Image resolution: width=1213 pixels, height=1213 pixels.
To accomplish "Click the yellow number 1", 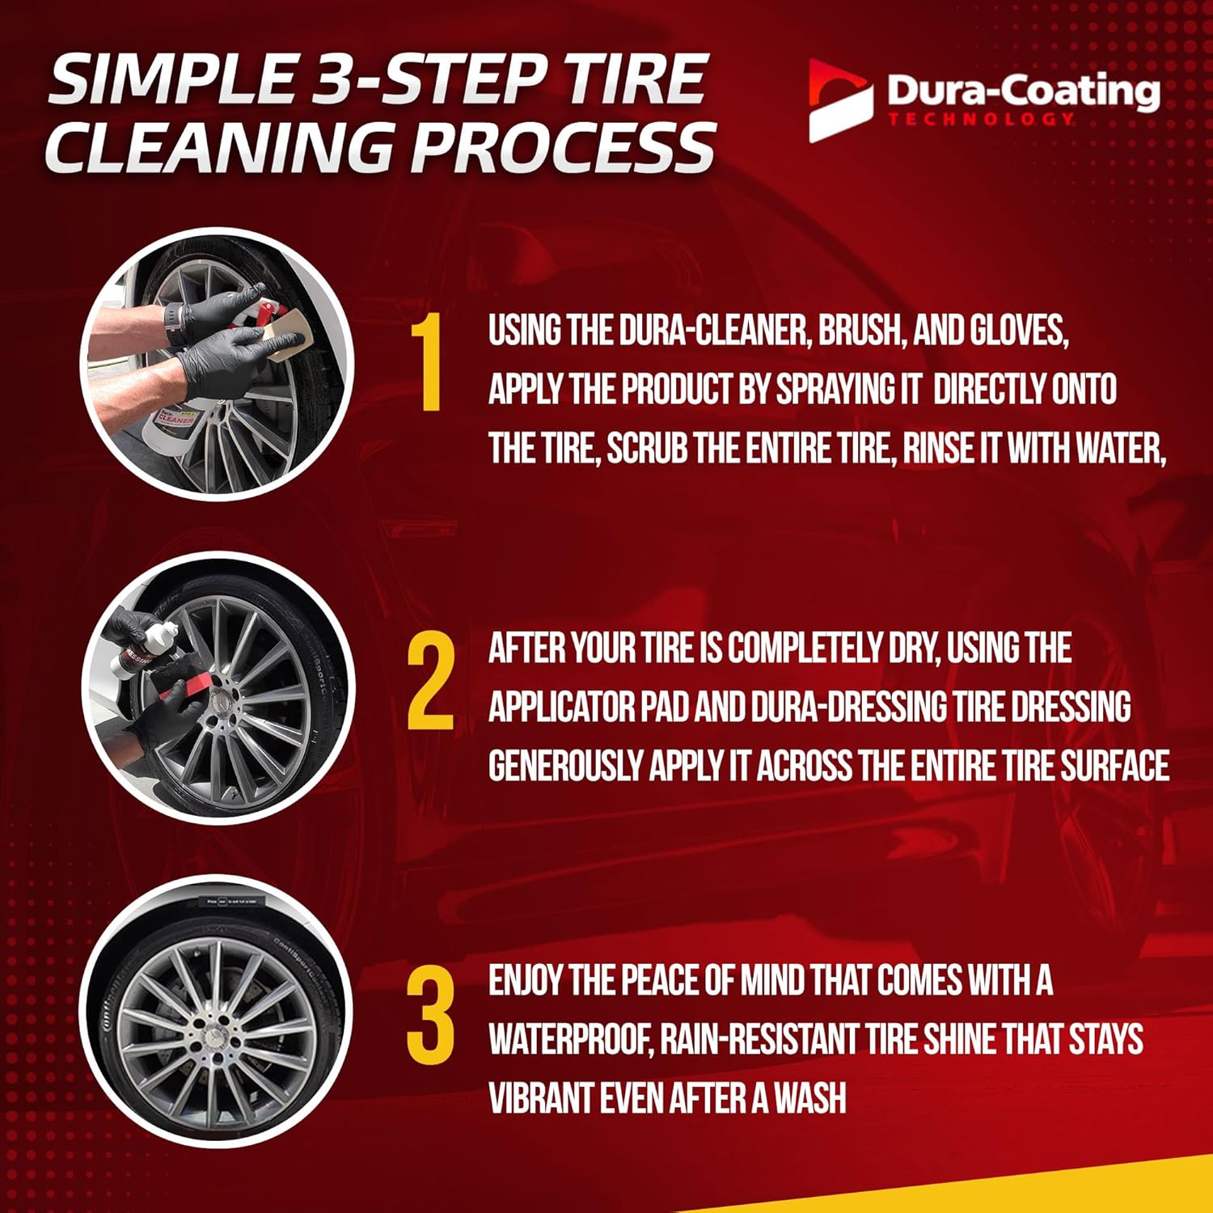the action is [426, 363].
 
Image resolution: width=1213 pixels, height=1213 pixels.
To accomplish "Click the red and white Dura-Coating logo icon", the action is [840, 100].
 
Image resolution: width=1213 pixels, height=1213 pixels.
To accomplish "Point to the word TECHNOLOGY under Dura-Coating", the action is [982, 120].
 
